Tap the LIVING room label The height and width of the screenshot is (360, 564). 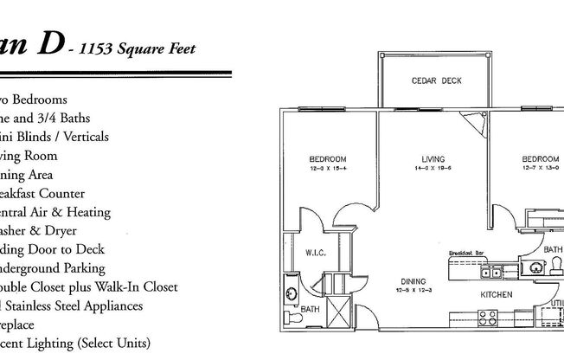433,159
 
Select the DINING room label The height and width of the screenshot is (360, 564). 411,281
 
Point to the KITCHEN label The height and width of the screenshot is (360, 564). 497,295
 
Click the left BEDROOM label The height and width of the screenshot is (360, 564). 328,159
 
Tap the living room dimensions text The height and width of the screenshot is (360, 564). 433,169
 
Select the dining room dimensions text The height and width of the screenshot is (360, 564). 411,290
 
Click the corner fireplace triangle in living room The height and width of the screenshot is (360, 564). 473,123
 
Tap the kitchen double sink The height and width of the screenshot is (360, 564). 491,273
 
